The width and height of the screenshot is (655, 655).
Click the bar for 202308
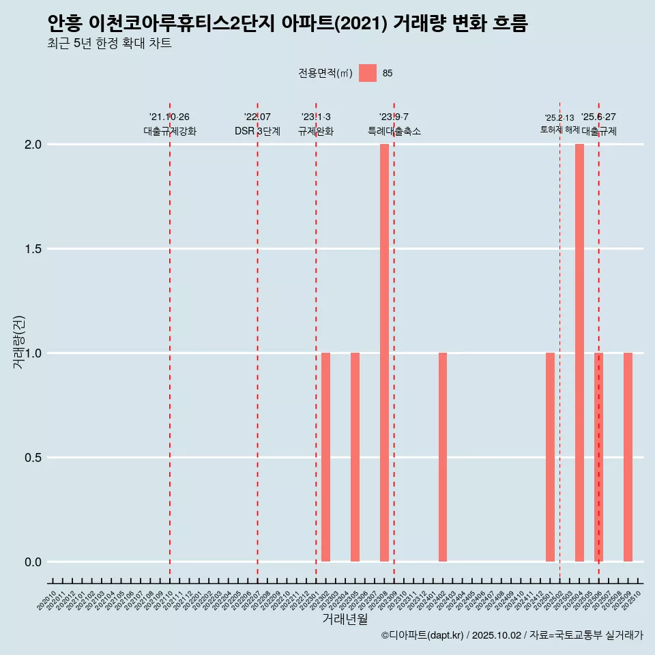[x=384, y=353]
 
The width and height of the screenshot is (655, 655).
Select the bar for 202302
[x=326, y=457]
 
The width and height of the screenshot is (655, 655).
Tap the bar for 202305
[x=355, y=457]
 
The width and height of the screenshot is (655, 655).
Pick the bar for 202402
[x=443, y=457]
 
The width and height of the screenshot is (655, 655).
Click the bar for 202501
[x=550, y=457]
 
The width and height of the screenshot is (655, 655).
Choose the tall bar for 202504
[x=579, y=353]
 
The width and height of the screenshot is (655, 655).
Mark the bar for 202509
[x=628, y=457]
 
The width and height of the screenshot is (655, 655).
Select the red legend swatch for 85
[x=368, y=73]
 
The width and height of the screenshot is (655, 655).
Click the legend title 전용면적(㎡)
[x=325, y=73]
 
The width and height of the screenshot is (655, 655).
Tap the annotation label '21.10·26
[x=169, y=117]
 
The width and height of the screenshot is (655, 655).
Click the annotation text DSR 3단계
[x=257, y=131]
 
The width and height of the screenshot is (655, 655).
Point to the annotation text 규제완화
[x=316, y=131]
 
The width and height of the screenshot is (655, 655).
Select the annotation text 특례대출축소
[x=394, y=131]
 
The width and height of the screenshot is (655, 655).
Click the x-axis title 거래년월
[x=345, y=620]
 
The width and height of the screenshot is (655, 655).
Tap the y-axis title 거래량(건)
[x=19, y=343]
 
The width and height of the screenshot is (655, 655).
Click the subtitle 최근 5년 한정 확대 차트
[x=109, y=44]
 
